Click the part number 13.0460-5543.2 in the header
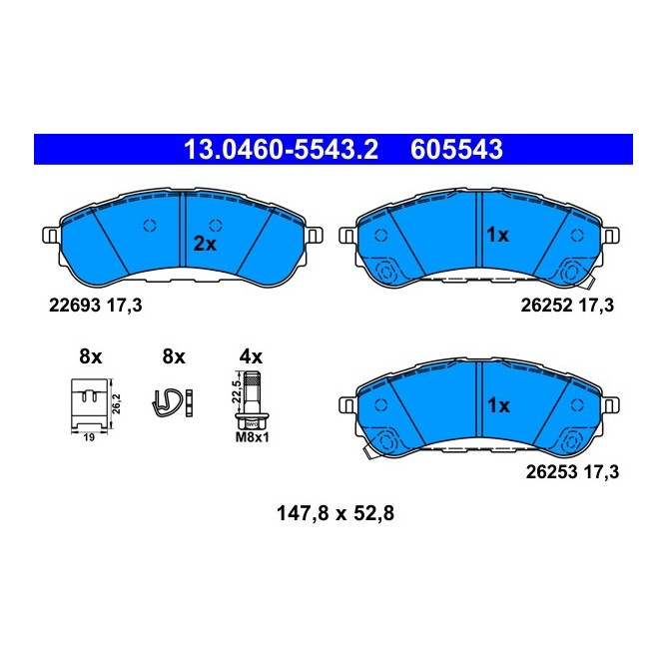pyautogui.click(x=280, y=151)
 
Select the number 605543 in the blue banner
pyautogui.click(x=454, y=151)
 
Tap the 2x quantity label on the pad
pyautogui.click(x=205, y=244)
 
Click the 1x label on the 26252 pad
pyautogui.click(x=496, y=236)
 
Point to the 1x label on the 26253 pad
pyautogui.click(x=496, y=406)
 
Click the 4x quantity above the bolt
pyautogui.click(x=252, y=356)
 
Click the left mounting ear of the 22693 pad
pyautogui.click(x=51, y=236)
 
